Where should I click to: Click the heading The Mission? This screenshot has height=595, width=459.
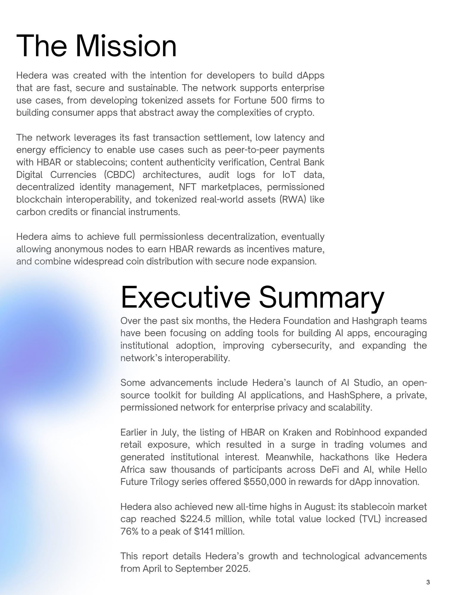click(x=96, y=46)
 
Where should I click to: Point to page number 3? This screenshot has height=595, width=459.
click(x=428, y=582)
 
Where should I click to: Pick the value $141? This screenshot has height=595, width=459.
click(x=204, y=531)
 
